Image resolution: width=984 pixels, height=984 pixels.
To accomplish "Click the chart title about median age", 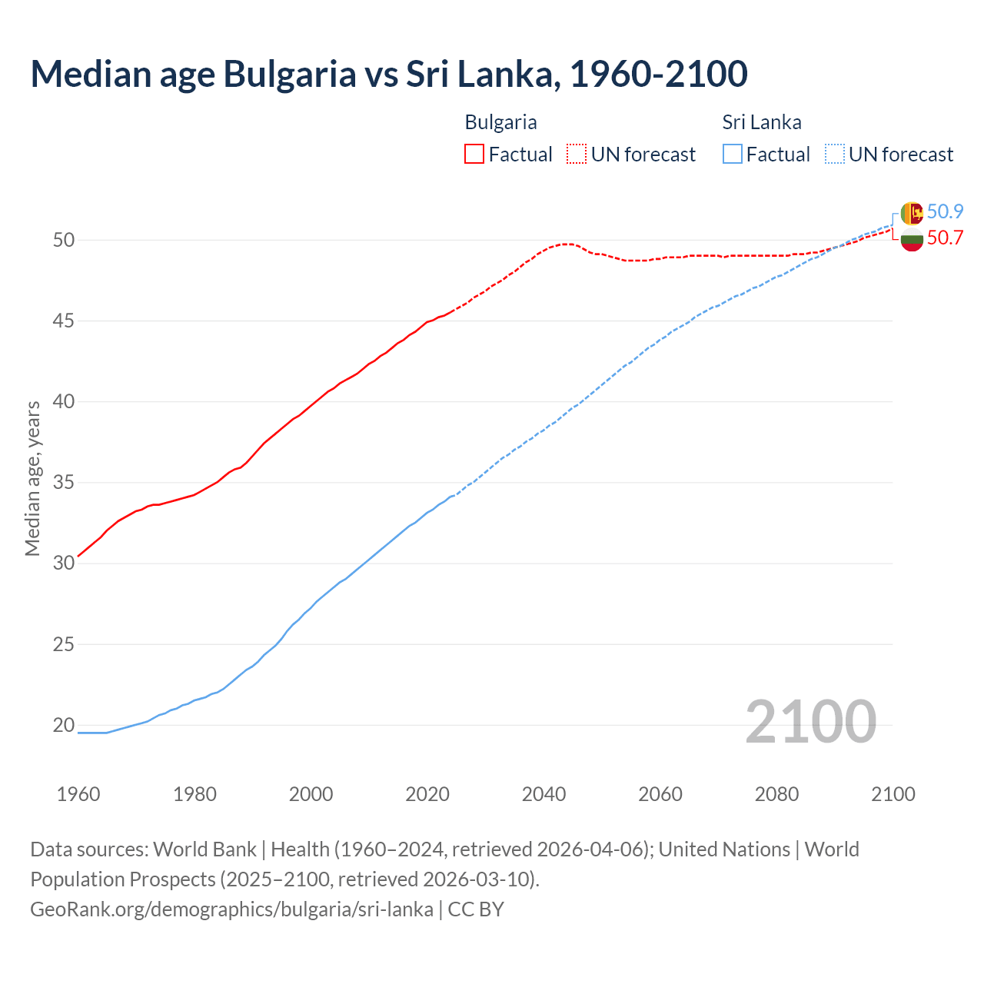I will point(388,74).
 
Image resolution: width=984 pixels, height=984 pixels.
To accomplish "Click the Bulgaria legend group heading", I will point(500,122).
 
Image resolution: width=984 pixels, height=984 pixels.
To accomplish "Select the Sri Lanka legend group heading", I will point(761,122).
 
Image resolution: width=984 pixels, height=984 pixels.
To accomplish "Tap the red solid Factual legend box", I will point(474,155).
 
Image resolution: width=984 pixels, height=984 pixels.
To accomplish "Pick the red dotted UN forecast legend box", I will point(577,155).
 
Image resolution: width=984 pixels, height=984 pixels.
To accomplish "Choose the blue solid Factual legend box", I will point(733,155).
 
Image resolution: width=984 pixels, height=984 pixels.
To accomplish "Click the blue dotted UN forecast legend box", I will point(834,155).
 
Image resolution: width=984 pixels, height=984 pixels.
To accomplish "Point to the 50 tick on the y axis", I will point(64,240).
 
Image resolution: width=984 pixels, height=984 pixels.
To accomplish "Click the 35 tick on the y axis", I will point(64,483).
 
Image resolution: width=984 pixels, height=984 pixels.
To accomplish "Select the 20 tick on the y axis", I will point(64,725).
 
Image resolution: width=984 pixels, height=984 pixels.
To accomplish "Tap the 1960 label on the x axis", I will point(78,794).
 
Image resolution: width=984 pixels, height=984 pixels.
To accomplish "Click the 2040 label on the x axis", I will point(544,794).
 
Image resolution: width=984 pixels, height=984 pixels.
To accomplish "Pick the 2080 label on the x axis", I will point(776,794).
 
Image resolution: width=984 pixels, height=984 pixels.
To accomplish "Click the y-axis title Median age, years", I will point(32,478).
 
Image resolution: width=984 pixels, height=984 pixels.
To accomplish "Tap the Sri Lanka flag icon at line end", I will point(912,213).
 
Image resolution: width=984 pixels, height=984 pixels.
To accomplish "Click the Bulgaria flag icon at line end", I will point(912,240).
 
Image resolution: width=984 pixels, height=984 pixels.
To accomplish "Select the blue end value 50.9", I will point(945,212).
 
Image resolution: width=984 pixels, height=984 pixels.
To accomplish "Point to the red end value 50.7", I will point(945,238).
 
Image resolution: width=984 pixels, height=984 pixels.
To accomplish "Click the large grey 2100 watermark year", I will point(810,721).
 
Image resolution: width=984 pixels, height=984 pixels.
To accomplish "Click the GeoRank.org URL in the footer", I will point(231,909).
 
